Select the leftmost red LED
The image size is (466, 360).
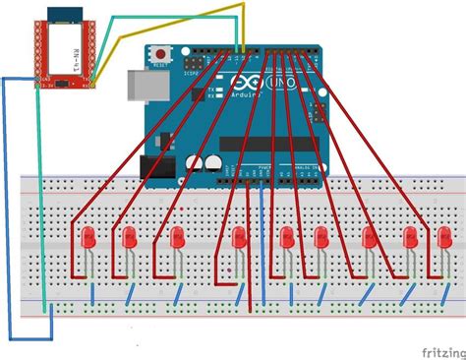coord(88,237)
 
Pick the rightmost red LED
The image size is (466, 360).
coord(444,237)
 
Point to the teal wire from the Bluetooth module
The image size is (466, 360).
coord(40,197)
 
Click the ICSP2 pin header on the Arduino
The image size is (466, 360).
coord(194,72)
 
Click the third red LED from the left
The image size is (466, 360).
coord(178,237)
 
